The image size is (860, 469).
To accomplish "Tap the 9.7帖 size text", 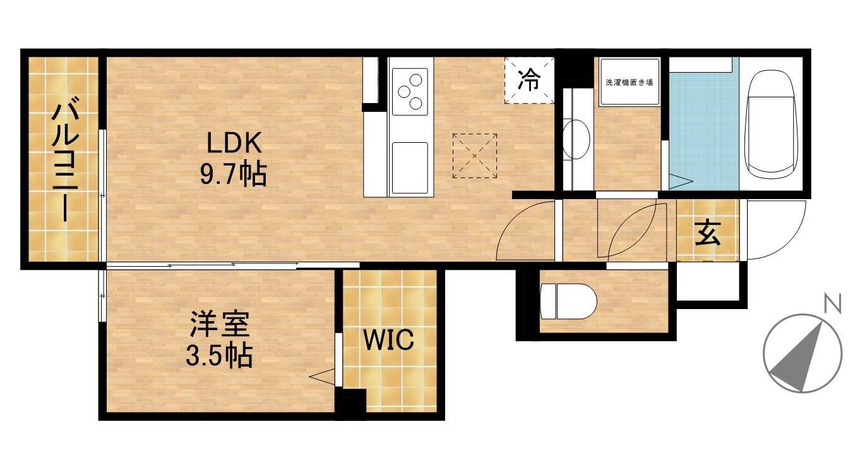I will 234,174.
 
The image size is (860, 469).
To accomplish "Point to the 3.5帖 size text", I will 219,356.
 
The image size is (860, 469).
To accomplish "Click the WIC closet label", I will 388,340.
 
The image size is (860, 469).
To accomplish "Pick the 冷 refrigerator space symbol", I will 529,80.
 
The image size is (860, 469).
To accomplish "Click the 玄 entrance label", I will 707,233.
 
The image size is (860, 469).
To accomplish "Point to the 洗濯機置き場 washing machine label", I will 629,82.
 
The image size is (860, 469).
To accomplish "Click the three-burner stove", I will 409,92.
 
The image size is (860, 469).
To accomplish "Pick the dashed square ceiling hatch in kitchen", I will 474,155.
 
